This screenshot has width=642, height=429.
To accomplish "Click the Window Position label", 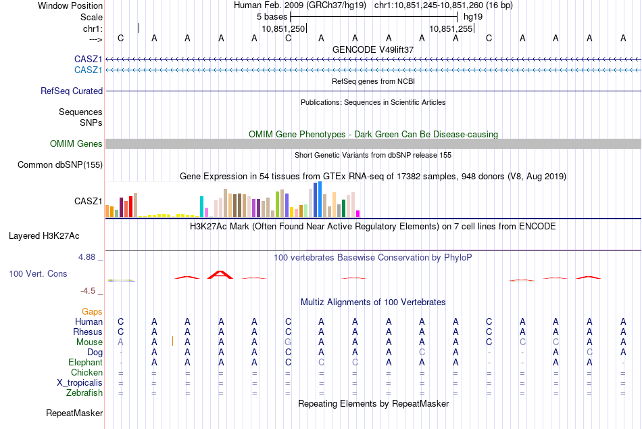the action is pos(70,5).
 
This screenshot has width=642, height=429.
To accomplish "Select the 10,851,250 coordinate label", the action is pos(283,28).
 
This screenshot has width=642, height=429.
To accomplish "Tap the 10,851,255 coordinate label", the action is pos(451,28).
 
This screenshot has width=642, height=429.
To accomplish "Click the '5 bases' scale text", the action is pos(272,17).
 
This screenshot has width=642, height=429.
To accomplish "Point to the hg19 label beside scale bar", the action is pos(473,17).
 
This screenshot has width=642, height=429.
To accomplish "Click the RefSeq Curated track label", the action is pos(72,91).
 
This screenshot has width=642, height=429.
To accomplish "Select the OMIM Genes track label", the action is pos(76,143).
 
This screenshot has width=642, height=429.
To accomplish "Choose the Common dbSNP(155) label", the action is pos(60,165).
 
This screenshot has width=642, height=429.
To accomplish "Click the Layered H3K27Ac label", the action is pos(44,236).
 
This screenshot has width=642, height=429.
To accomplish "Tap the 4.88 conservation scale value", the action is pos(87,257).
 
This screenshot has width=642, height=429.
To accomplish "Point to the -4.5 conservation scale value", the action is pos(88,291).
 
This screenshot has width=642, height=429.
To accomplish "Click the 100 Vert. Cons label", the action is pos(38,273).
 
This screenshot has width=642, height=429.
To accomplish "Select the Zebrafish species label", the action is pos(84,393).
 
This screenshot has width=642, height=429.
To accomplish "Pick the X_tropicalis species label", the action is pos(80,383).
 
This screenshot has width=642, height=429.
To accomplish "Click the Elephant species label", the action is pos(86,363).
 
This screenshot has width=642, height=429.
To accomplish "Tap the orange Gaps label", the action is pos(92,312).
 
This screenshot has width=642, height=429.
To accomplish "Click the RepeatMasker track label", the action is pos(74,413).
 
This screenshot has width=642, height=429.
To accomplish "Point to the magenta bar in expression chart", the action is pos(358,214).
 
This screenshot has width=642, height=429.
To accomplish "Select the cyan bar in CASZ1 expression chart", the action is pos(201,206).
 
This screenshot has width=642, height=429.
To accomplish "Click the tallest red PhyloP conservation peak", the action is pos(220,274).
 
